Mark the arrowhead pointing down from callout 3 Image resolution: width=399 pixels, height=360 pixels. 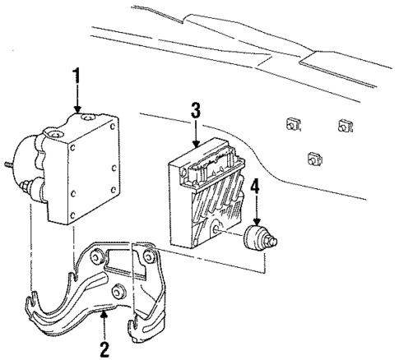tap(195, 146)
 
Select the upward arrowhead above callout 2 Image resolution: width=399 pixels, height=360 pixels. tap(128, 315)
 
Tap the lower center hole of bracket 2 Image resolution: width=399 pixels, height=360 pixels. tap(120, 291)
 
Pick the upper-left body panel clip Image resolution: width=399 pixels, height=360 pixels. tap(291, 124)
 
